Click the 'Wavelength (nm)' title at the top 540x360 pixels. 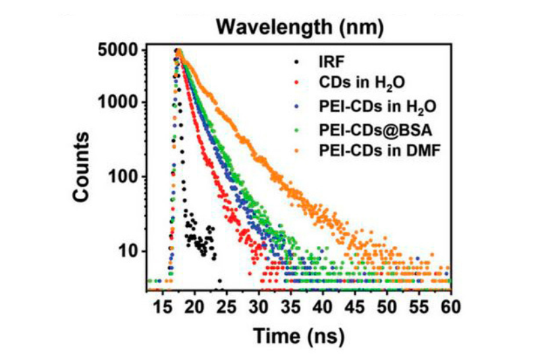(x=300, y=27)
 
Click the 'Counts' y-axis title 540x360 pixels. (x=86, y=165)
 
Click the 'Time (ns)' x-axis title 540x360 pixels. (x=298, y=334)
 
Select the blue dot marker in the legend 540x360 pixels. (x=297, y=107)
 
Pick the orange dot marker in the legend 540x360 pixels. (x=297, y=150)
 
